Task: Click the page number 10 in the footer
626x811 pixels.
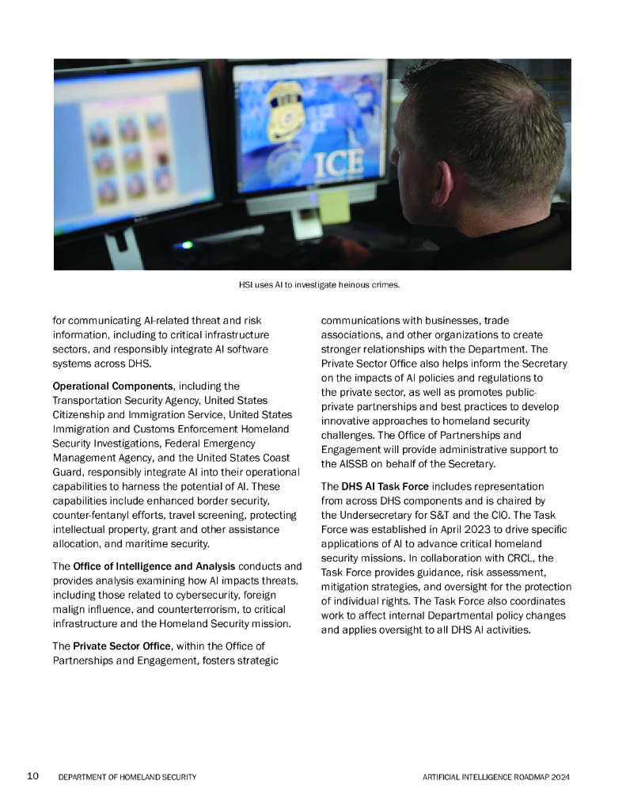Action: click(x=33, y=776)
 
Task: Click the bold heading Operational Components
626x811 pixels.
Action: click(x=112, y=386)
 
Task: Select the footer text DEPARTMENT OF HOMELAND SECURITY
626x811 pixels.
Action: click(x=127, y=777)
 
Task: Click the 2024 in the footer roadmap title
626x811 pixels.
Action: click(x=560, y=777)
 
